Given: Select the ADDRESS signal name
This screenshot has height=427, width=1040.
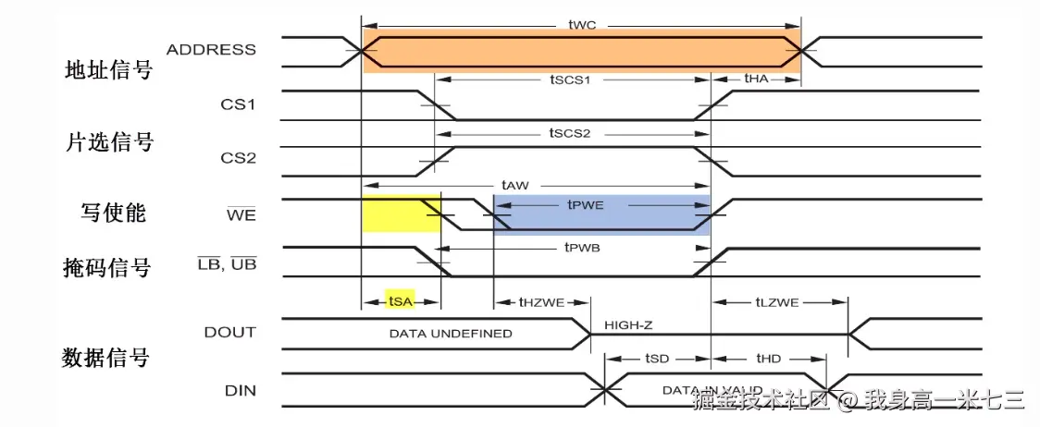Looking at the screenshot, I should (x=211, y=49).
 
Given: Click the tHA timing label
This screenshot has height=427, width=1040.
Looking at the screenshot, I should (x=756, y=79).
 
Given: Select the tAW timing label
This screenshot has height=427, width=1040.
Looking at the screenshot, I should (x=514, y=185).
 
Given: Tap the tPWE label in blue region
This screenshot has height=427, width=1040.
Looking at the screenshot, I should (x=585, y=205).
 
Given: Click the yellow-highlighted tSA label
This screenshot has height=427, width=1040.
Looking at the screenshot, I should (x=400, y=301).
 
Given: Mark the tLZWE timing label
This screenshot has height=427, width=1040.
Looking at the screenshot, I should (x=776, y=301).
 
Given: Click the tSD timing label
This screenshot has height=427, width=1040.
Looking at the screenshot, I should (x=657, y=358).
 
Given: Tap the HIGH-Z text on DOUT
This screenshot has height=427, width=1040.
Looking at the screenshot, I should (x=629, y=325).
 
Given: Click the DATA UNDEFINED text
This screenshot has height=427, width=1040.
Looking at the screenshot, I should (x=450, y=333).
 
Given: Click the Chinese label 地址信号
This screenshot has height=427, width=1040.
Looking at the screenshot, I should (x=108, y=69).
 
